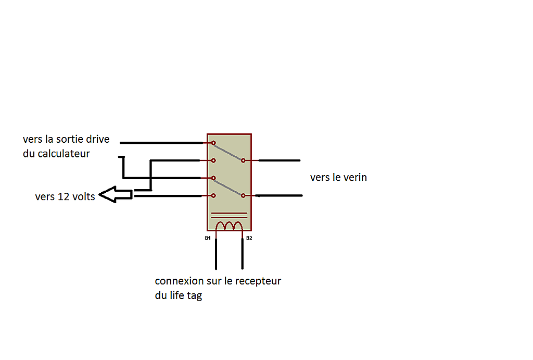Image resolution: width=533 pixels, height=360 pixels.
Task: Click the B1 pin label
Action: (208, 238)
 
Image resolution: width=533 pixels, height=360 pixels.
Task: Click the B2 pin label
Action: (249, 238)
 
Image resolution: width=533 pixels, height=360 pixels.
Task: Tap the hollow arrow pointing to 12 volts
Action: (116, 195)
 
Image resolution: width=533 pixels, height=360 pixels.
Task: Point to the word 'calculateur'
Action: (64, 154)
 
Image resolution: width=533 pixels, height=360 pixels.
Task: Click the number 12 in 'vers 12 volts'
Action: (63, 197)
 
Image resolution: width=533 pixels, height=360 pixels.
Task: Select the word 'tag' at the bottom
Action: (195, 296)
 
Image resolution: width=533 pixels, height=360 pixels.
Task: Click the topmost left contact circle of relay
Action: (213, 143)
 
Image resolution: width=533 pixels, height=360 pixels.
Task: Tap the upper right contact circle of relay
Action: (243, 160)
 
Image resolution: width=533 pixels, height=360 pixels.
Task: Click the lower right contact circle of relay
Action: (243, 196)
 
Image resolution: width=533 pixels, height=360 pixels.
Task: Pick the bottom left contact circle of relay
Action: (213, 196)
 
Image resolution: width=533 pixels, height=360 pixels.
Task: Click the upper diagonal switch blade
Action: (228, 152)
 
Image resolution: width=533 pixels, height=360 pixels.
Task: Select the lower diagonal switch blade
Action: (228, 187)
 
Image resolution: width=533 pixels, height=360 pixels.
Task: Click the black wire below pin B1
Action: (216, 254)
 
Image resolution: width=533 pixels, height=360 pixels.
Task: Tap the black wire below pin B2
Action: (243, 254)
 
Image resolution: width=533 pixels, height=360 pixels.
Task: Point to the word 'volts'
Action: (83, 197)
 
